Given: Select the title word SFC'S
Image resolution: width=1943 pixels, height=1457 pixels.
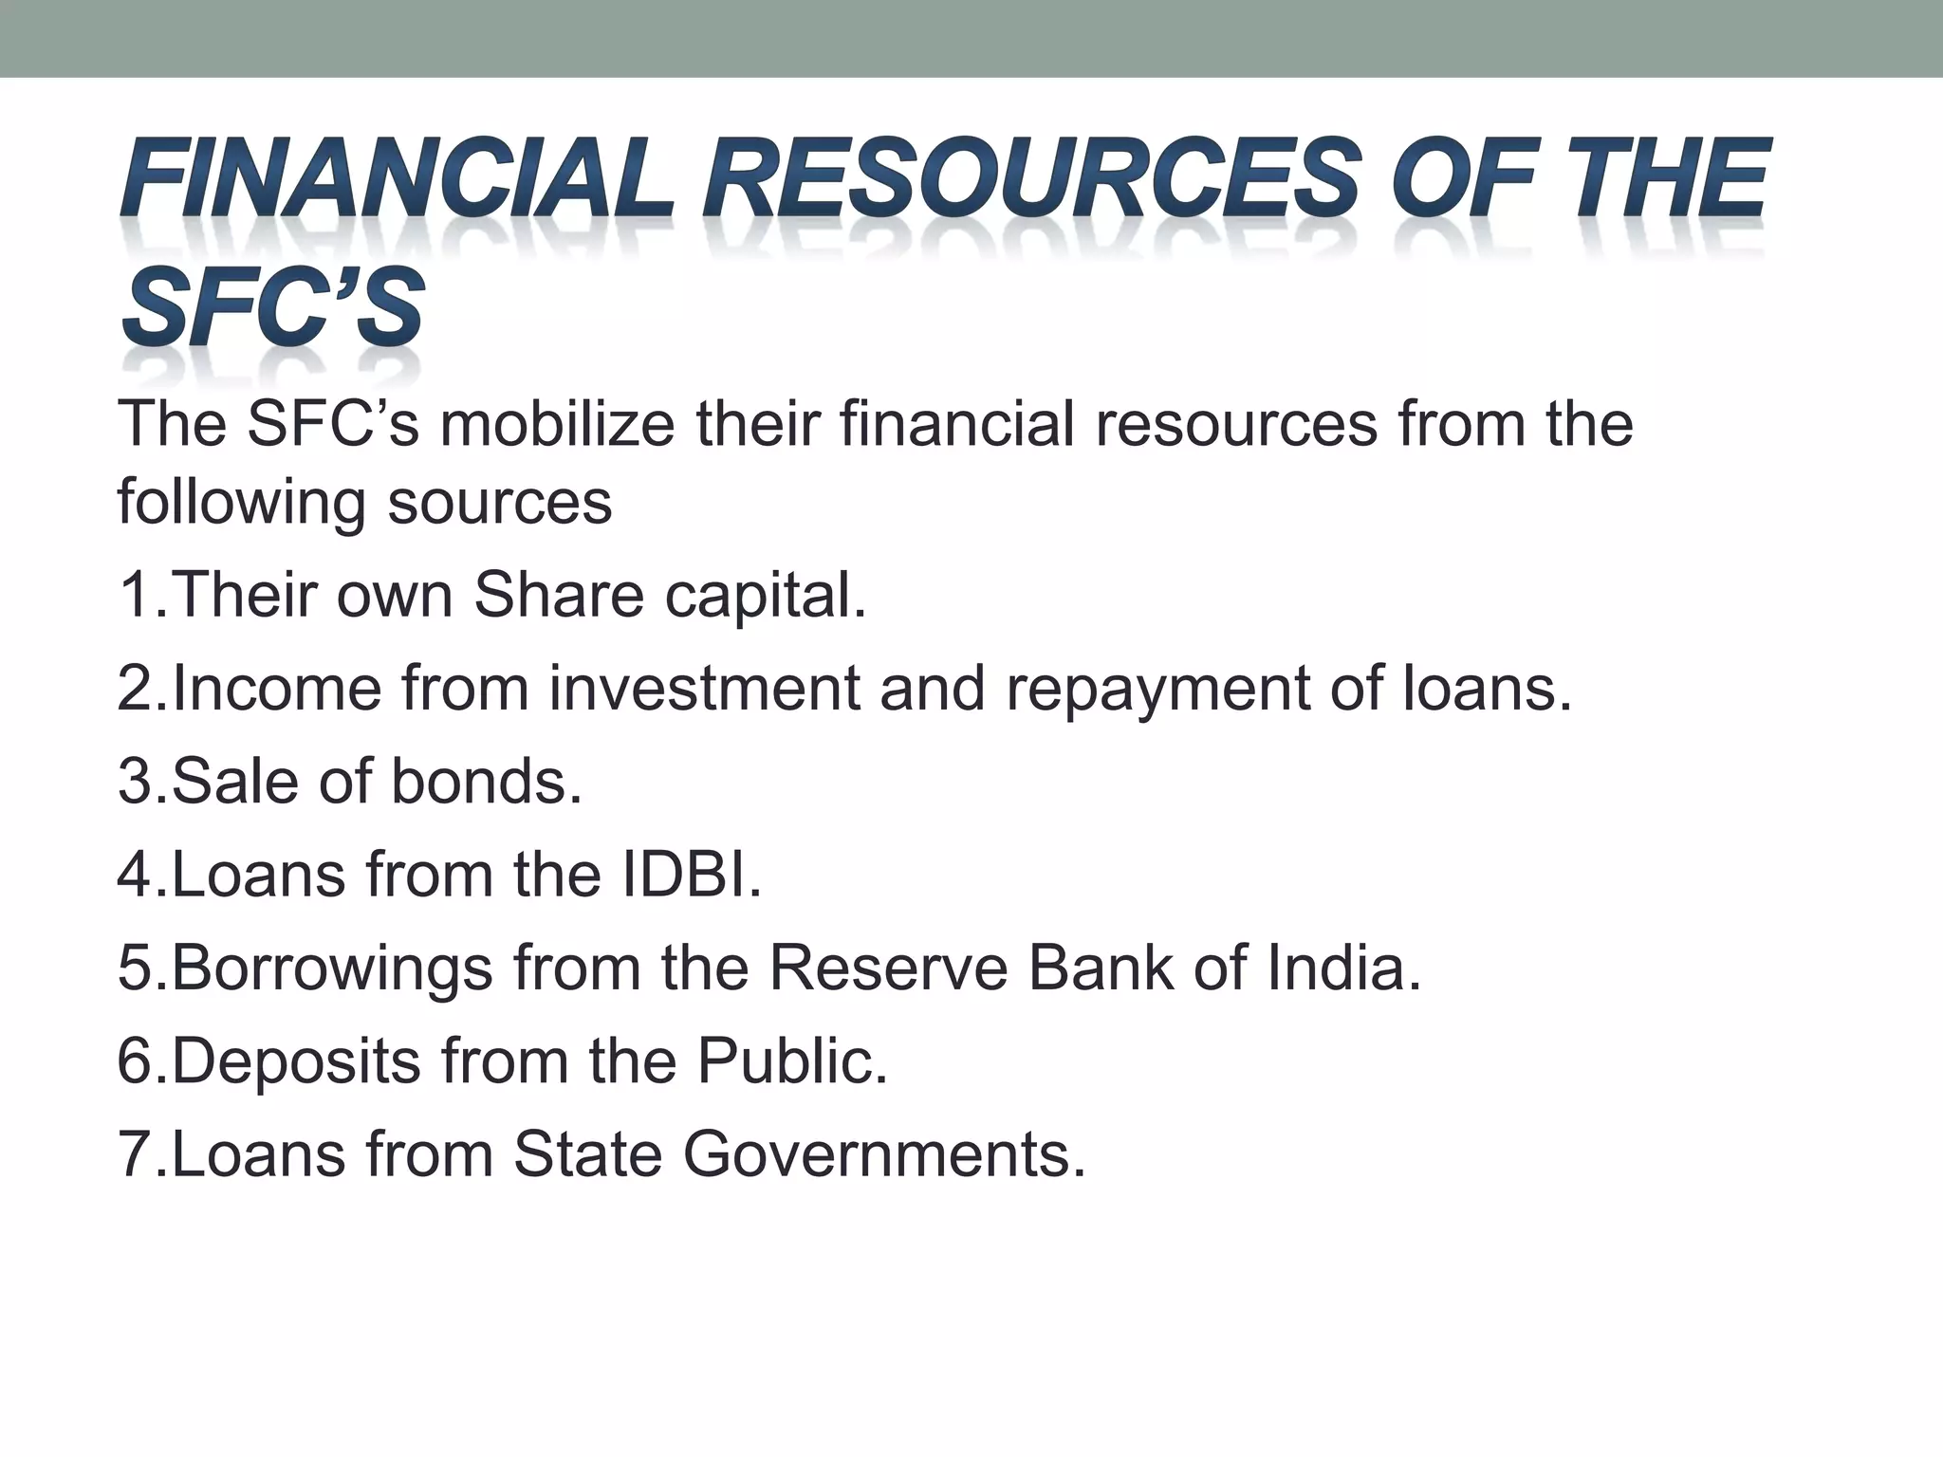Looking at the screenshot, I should tap(272, 306).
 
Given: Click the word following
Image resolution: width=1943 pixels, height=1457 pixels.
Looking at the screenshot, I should tap(241, 503).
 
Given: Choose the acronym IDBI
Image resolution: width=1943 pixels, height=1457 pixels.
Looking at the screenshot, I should tap(692, 875).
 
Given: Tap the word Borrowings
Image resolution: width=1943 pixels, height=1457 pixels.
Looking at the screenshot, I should tap(332, 969).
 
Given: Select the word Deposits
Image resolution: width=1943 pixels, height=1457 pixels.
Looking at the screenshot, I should tap(296, 1062).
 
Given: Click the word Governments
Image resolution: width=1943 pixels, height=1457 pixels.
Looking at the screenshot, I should tap(883, 1154).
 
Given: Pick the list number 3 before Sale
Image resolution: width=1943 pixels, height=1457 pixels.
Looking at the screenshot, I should tap(134, 782).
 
